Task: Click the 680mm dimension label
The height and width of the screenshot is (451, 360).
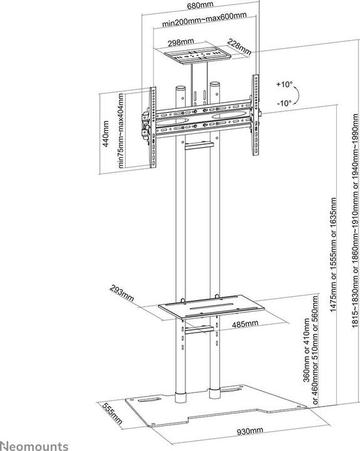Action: pos(200,5)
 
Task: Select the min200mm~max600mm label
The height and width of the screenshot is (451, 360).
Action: pos(204,19)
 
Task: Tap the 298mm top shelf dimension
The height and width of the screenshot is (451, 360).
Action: pos(181,43)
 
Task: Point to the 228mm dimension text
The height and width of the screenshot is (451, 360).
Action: pos(239,47)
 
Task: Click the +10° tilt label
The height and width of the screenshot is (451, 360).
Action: pos(284,85)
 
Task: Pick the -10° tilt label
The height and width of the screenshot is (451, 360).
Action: pos(284,103)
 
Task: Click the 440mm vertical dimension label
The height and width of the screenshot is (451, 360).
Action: pos(106,134)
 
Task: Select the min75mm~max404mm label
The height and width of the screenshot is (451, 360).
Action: pos(121,130)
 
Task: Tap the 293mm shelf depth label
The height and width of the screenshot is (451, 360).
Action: pos(121,293)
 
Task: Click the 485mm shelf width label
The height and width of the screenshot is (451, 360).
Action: pos(245,324)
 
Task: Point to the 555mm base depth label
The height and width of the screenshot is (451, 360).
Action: pos(113,413)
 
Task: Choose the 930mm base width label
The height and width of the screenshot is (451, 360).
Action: pos(250,431)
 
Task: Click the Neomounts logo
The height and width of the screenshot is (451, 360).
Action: pos(34,445)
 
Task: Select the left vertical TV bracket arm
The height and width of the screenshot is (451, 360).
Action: pos(153,127)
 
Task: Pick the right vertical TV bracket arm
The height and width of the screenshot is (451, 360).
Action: pos(255,115)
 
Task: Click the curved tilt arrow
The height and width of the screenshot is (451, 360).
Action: pos(297,94)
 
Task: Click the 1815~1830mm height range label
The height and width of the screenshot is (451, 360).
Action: pos(356,221)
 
